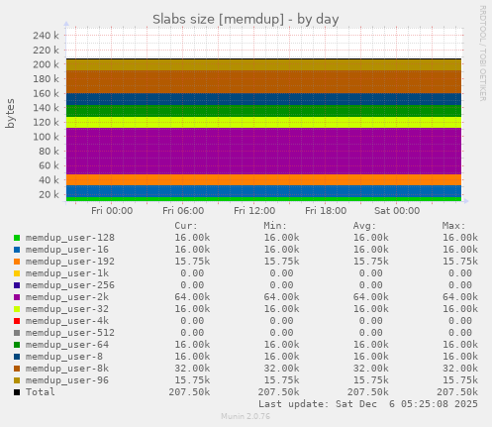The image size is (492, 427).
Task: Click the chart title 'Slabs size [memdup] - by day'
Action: point(246,19)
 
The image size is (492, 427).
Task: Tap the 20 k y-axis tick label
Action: point(49,194)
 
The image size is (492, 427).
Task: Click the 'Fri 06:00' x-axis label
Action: point(183,210)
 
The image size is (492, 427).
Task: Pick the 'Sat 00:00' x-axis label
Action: point(397,210)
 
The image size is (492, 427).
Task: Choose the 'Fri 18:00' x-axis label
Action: point(326,210)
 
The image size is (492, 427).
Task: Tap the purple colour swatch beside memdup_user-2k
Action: point(17,297)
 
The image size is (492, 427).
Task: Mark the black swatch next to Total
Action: point(17,392)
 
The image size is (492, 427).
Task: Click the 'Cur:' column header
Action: point(186,225)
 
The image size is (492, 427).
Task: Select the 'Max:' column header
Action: point(454,225)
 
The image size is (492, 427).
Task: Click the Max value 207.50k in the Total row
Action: point(457,392)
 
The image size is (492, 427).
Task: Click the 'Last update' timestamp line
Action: point(367,404)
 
